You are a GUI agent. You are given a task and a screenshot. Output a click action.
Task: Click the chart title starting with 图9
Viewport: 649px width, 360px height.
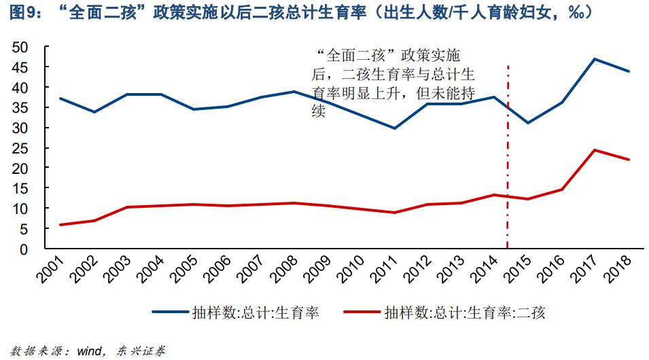tap(300, 12)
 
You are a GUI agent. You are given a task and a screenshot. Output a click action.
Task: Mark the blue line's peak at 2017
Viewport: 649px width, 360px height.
tap(595, 59)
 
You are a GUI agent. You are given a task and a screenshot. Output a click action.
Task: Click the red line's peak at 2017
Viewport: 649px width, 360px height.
tap(595, 150)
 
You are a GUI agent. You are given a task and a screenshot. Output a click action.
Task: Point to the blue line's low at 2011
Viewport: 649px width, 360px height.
tap(394, 128)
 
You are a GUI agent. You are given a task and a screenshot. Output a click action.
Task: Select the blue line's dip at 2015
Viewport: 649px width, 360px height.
tap(528, 123)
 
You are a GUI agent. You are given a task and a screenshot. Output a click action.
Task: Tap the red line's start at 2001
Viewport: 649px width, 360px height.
tap(60, 225)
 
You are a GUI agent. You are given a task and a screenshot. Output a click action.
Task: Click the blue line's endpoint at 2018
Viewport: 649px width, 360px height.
tap(629, 71)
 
